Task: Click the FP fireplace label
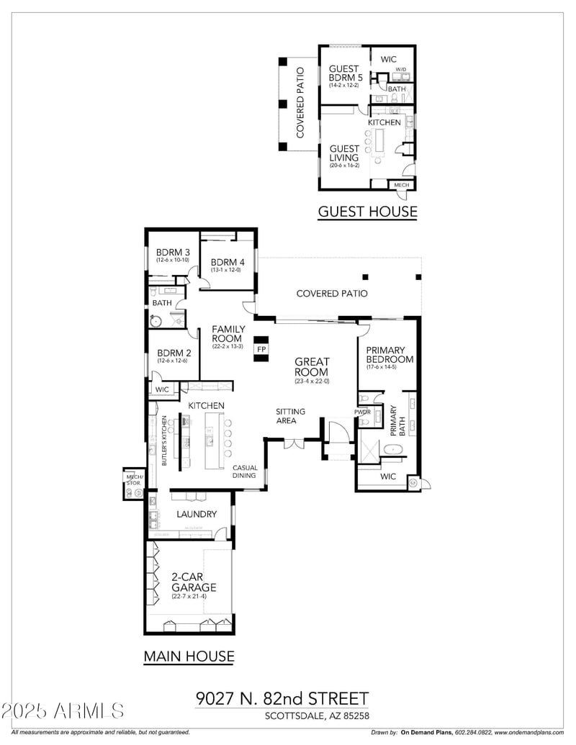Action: (x=262, y=349)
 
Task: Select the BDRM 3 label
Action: (x=173, y=253)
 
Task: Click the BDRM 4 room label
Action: (x=228, y=262)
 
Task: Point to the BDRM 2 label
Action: (x=173, y=353)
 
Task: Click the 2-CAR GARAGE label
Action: (x=194, y=582)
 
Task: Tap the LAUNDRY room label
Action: (x=197, y=514)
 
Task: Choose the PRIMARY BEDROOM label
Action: (x=390, y=354)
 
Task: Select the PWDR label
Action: (x=362, y=412)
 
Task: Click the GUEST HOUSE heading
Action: (x=367, y=211)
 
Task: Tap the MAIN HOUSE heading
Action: (x=189, y=656)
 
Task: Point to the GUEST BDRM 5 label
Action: (x=344, y=74)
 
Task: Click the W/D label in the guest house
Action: (x=400, y=70)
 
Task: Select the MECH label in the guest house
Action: (x=401, y=185)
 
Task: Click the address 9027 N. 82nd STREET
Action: (x=282, y=698)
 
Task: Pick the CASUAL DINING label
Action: (x=245, y=472)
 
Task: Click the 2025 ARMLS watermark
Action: (x=63, y=711)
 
